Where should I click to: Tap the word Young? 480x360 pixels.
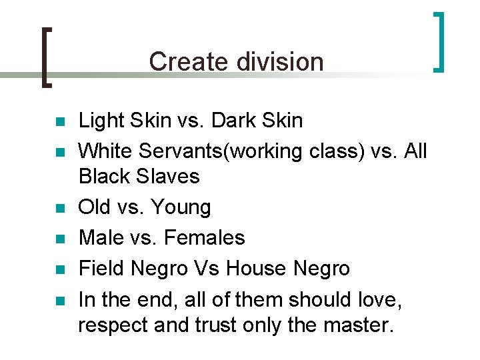click(x=181, y=207)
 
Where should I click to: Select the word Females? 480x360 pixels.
click(x=205, y=237)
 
